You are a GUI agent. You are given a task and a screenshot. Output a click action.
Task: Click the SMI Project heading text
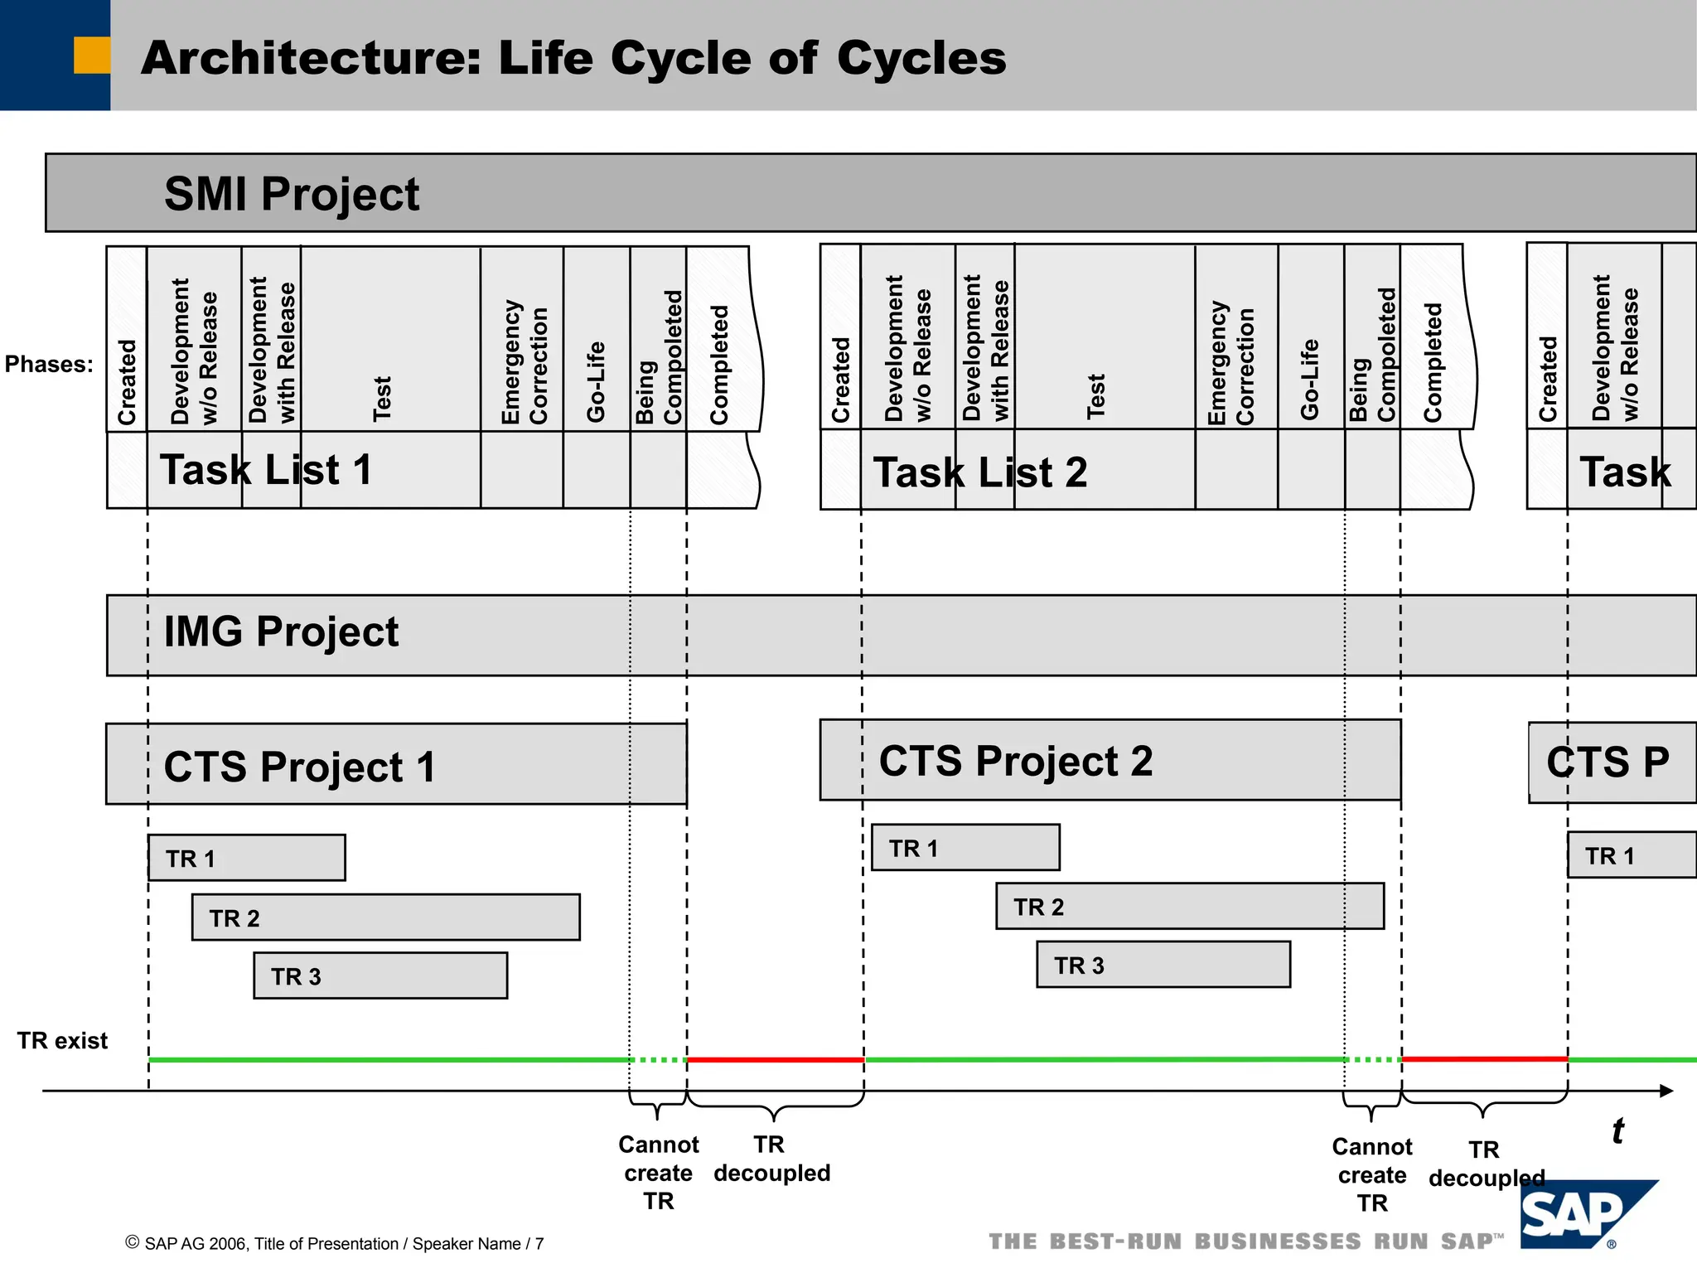pyautogui.click(x=292, y=194)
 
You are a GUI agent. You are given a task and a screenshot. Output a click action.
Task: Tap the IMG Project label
pyautogui.click(x=281, y=632)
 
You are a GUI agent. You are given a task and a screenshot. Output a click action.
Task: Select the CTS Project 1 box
pyautogui.click(x=396, y=764)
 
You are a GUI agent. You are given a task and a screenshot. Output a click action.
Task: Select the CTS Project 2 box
pyautogui.click(x=1110, y=760)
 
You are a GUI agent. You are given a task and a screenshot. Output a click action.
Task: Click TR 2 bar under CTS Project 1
pyautogui.click(x=385, y=917)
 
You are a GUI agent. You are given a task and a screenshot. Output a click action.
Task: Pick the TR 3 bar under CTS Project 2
pyautogui.click(x=1163, y=964)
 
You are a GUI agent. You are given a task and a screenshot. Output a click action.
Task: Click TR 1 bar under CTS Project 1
pyautogui.click(x=246, y=857)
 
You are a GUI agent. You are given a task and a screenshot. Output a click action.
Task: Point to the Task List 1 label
pyautogui.click(x=265, y=470)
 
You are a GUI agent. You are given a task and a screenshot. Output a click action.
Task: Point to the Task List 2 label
pyautogui.click(x=979, y=472)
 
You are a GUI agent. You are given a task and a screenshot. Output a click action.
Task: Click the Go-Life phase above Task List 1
pyautogui.click(x=596, y=381)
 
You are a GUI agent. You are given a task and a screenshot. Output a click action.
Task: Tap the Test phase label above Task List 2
pyautogui.click(x=1095, y=395)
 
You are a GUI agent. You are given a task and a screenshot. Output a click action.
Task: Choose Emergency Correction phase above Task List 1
pyautogui.click(x=524, y=362)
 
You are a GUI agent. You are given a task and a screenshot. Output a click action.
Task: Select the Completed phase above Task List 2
pyautogui.click(x=1433, y=362)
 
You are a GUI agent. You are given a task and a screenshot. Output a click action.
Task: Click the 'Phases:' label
pyautogui.click(x=49, y=364)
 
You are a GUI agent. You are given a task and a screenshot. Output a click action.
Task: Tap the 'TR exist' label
pyautogui.click(x=62, y=1040)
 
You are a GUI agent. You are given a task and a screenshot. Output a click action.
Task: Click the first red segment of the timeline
pyautogui.click(x=775, y=1059)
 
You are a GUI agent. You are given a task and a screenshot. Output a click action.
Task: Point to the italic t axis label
pyautogui.click(x=1617, y=1130)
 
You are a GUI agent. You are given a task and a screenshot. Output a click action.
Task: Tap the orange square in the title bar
pyautogui.click(x=91, y=56)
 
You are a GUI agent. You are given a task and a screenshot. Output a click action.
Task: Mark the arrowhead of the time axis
pyautogui.click(x=1666, y=1091)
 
